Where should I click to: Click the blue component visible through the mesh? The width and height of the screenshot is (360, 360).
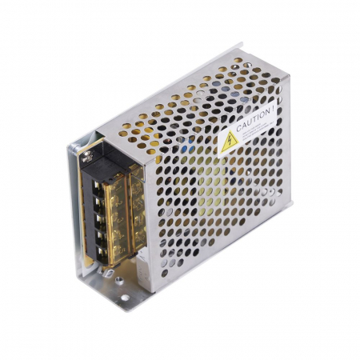tap(185, 149)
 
